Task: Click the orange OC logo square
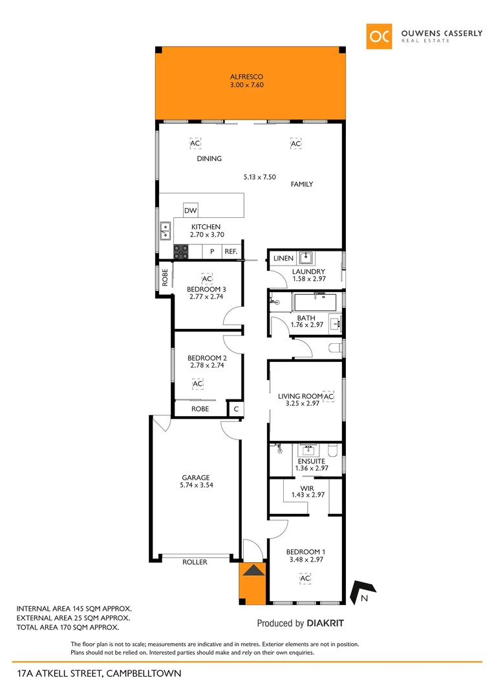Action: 379,36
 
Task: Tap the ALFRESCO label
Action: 247,76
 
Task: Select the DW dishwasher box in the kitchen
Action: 190,211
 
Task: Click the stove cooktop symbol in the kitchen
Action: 180,251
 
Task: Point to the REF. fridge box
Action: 231,251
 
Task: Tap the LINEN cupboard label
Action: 283,259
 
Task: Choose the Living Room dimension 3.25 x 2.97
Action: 303,404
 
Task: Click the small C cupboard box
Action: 236,409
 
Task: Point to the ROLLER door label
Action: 195,562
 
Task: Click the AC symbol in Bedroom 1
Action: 305,578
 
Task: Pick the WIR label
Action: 306,489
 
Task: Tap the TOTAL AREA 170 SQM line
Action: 68,628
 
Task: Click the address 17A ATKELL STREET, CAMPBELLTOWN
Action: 99,673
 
